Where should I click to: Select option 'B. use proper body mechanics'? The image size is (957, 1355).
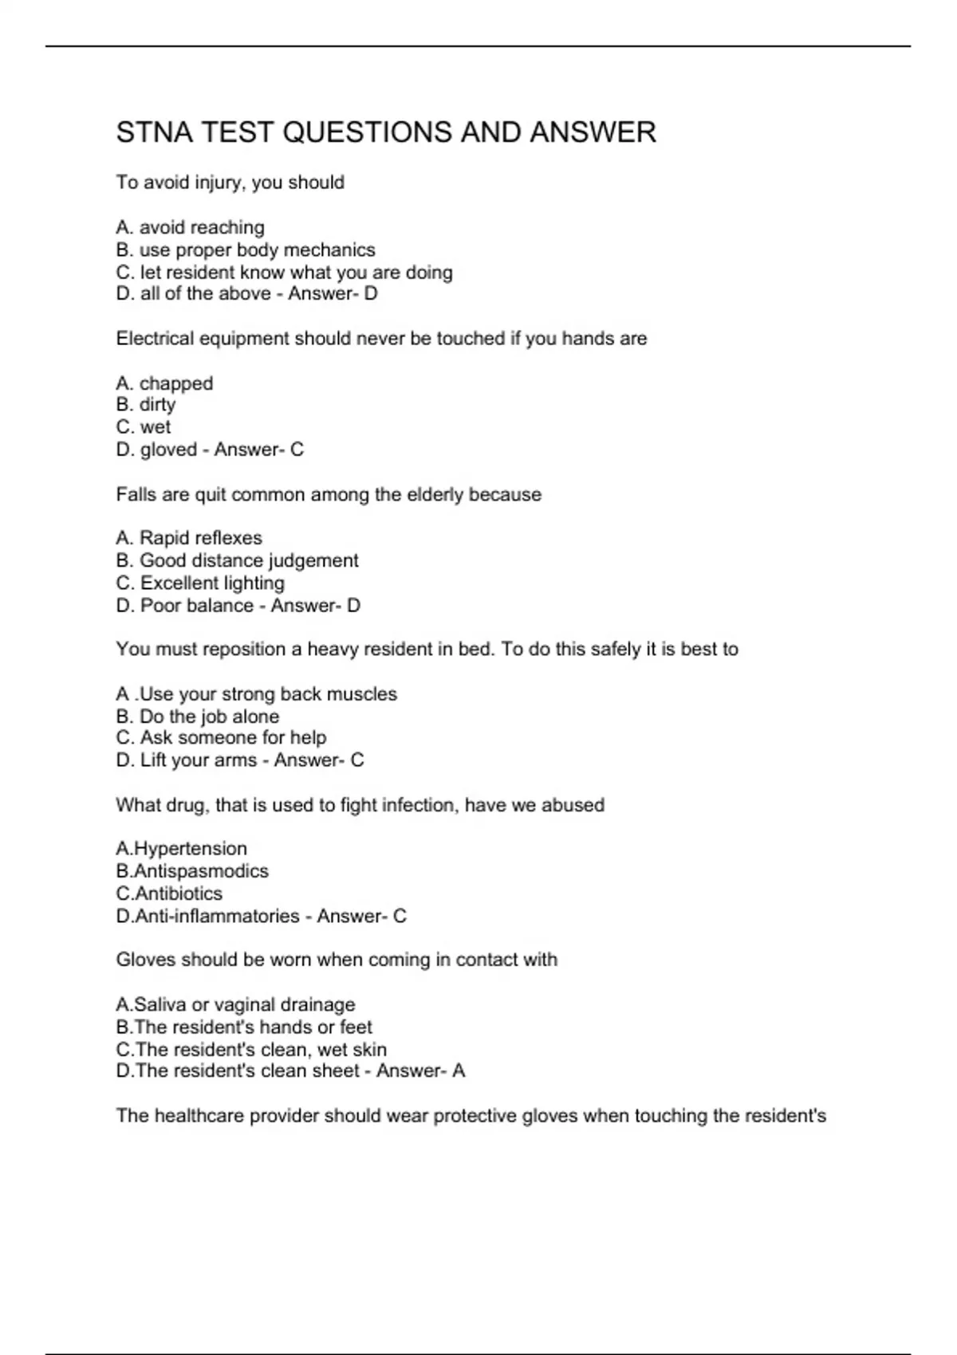246,250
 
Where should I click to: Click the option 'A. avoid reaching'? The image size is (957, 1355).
190,228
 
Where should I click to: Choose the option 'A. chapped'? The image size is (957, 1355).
164,383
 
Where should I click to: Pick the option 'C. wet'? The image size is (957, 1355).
144,427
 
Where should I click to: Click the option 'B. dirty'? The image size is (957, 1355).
146,405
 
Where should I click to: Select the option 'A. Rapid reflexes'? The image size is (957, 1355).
189,539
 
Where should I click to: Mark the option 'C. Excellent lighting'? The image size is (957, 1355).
200,583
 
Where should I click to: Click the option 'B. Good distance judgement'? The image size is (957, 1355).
237,561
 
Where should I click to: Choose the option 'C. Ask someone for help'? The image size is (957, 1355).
221,738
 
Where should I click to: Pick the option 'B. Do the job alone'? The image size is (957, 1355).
198,717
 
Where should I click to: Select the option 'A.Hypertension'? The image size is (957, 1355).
181,849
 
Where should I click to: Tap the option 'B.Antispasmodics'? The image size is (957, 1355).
192,871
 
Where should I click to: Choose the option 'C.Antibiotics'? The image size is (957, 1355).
169,894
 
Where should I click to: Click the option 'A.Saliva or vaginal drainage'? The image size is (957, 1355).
235,1005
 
